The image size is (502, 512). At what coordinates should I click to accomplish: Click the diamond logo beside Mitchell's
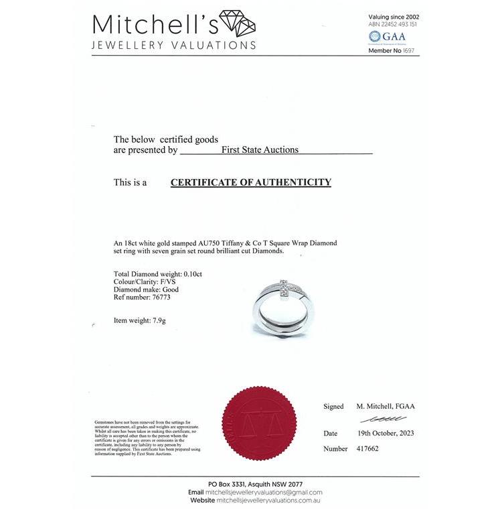tap(238, 25)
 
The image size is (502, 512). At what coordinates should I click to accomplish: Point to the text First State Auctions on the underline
tap(260, 150)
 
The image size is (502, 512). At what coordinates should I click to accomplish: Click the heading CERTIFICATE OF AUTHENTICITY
tap(251, 182)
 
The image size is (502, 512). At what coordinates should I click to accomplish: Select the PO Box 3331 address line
tap(256, 484)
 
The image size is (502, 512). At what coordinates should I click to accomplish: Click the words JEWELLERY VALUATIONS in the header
tap(174, 46)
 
